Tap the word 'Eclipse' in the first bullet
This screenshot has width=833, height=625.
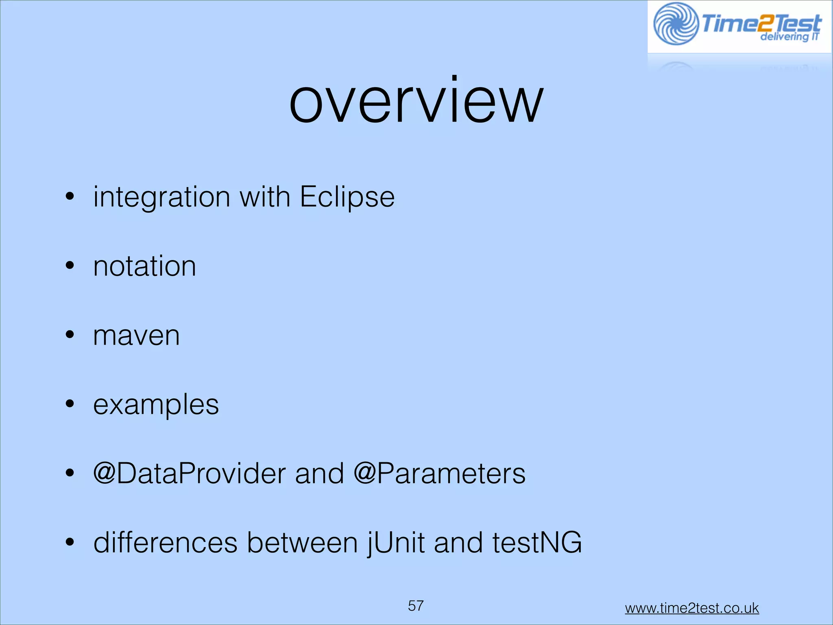pyautogui.click(x=347, y=197)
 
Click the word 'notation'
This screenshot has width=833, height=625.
pyautogui.click(x=144, y=267)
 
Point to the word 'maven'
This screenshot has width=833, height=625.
pyautogui.click(x=136, y=336)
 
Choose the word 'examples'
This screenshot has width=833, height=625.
pyautogui.click(x=156, y=405)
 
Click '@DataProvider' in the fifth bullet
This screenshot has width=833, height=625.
pyautogui.click(x=190, y=474)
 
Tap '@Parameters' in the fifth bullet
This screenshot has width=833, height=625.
pyautogui.click(x=439, y=474)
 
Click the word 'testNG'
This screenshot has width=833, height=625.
pyautogui.click(x=537, y=543)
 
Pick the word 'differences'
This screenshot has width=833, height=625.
pyautogui.click(x=165, y=543)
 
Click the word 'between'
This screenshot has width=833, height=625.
pyautogui.click(x=302, y=543)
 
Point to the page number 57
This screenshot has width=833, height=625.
pyautogui.click(x=416, y=605)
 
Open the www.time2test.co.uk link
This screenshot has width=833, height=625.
pyautogui.click(x=691, y=608)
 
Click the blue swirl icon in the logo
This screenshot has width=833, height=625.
pyautogui.click(x=676, y=24)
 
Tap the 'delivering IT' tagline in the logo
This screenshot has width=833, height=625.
pyautogui.click(x=789, y=37)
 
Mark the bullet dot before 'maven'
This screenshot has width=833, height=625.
pyautogui.click(x=70, y=335)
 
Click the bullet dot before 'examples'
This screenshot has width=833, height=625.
pyautogui.click(x=70, y=404)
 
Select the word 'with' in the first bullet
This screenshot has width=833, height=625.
pyautogui.click(x=264, y=197)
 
